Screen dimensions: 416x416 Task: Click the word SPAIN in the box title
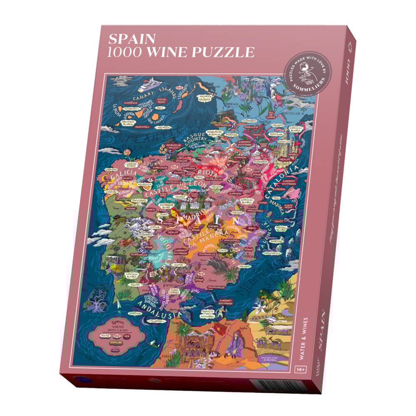(x=132, y=39)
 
